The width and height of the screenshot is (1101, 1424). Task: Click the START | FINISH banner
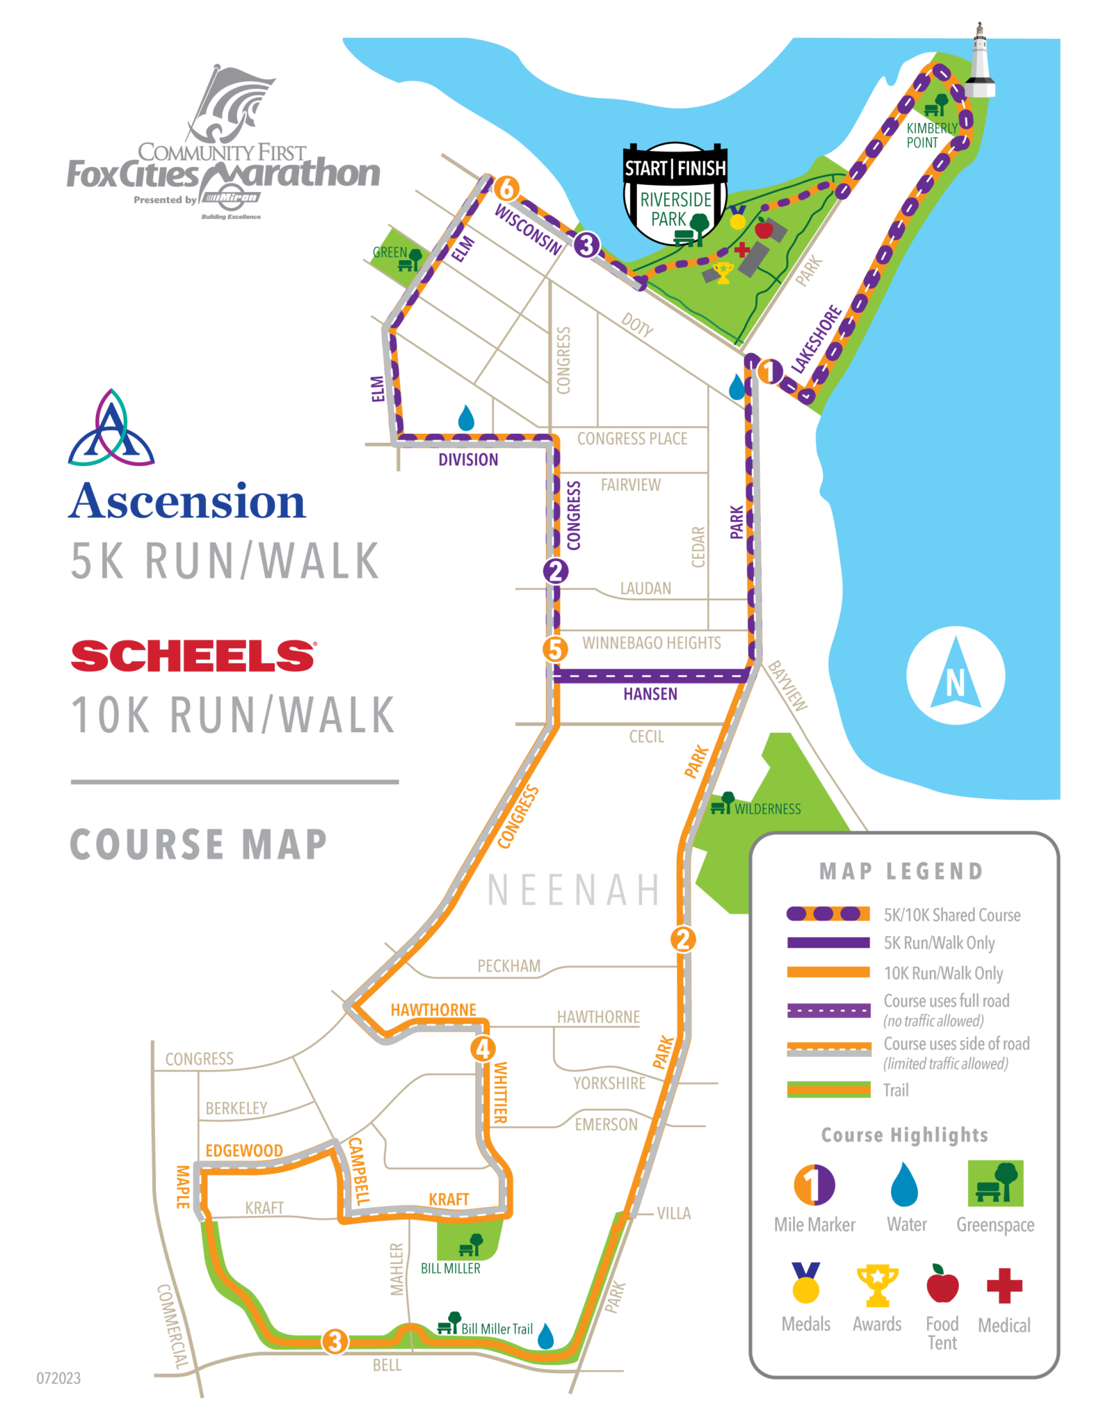click(675, 168)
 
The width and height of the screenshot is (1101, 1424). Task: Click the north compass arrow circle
click(956, 675)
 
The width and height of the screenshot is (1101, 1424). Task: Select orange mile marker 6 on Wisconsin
click(506, 188)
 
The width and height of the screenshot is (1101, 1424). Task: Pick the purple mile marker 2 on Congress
click(555, 571)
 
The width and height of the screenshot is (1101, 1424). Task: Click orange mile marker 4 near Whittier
click(483, 1048)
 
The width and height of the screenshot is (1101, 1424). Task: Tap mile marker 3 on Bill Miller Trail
click(335, 1341)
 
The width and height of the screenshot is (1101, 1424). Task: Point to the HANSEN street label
click(650, 694)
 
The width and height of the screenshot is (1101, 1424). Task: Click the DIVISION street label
click(468, 460)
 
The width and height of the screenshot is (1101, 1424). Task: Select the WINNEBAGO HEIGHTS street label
click(651, 642)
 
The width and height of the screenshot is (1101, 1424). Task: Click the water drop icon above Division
click(466, 418)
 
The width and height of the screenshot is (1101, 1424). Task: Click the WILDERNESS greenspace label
click(767, 809)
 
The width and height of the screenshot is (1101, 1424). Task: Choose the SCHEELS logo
click(193, 656)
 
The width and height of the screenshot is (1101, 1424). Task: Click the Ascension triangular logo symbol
click(111, 429)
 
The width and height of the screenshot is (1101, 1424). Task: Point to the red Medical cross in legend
click(1004, 1286)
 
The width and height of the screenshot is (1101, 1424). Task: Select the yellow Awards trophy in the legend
click(877, 1285)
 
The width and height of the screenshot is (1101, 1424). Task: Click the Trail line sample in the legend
click(828, 1090)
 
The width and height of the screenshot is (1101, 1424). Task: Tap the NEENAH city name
click(574, 889)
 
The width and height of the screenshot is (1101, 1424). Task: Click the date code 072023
click(58, 1378)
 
